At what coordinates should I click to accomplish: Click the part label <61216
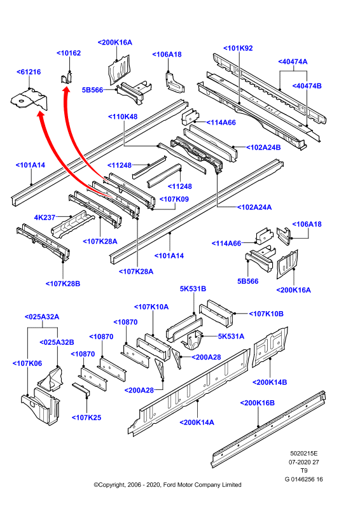[x=29, y=72]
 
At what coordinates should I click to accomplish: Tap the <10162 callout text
[x=69, y=53]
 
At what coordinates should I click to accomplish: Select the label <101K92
[x=238, y=48]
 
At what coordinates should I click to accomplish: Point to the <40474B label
[x=307, y=86]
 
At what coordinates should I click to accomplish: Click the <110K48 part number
[x=123, y=116]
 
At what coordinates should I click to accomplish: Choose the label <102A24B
[x=263, y=148]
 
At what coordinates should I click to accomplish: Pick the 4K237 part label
[x=45, y=217]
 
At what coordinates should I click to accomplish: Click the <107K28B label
[x=63, y=283]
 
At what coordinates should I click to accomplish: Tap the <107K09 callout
[x=174, y=199]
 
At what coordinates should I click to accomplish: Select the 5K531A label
[x=231, y=337]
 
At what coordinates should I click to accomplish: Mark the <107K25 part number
[x=87, y=417]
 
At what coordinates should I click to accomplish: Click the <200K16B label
[x=257, y=403]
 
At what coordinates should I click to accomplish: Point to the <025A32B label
[x=57, y=342]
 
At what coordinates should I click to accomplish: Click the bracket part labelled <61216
[x=29, y=99]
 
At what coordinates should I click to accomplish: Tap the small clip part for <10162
[x=67, y=78]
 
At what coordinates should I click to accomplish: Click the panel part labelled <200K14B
[x=270, y=347]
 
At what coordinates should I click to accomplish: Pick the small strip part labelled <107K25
[x=81, y=389]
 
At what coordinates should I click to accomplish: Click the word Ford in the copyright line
[x=169, y=485]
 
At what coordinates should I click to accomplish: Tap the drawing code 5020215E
[x=304, y=454]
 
